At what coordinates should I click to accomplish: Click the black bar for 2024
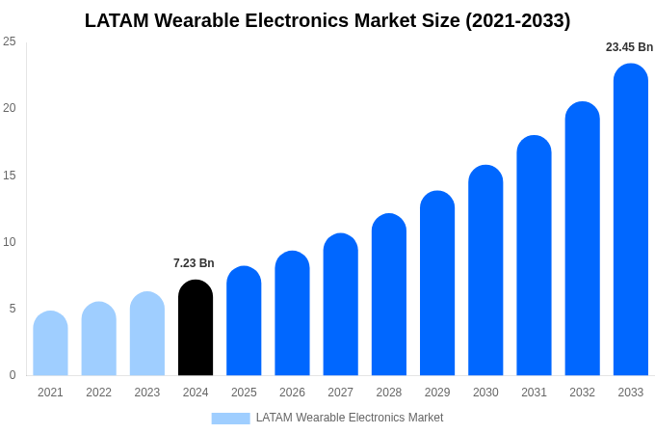click(196, 328)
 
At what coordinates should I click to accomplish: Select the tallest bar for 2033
click(630, 220)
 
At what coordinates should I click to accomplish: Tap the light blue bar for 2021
click(50, 343)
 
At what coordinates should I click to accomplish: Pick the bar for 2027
click(340, 305)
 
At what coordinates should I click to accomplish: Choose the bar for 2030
click(485, 270)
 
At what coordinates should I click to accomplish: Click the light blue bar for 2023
click(147, 334)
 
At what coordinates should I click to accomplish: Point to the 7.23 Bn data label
click(194, 263)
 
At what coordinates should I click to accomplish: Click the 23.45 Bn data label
click(629, 47)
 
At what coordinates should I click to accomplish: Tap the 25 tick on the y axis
click(10, 41)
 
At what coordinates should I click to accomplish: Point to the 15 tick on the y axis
click(10, 176)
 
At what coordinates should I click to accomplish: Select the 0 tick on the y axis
click(13, 375)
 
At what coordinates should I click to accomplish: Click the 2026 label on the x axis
click(292, 393)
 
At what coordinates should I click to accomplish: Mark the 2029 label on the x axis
click(437, 393)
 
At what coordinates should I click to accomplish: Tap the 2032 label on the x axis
click(582, 393)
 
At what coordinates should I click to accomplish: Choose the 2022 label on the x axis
click(98, 393)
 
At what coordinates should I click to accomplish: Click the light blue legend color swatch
click(230, 419)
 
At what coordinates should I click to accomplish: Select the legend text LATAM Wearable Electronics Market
click(350, 418)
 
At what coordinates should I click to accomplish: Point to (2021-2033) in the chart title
click(517, 20)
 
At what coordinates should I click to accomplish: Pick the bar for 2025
click(244, 321)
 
